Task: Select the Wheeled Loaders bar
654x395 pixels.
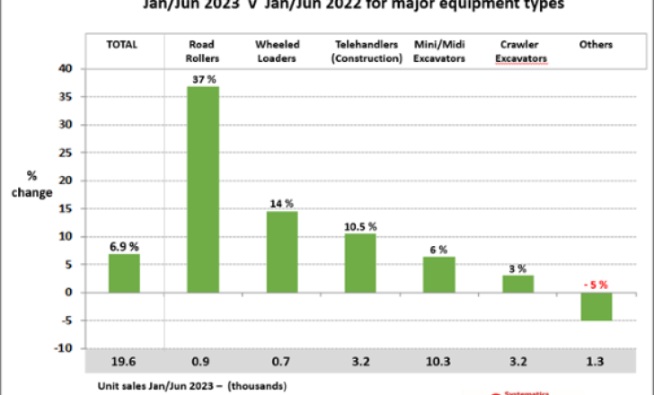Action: click(282, 251)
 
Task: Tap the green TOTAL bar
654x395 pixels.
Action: click(124, 273)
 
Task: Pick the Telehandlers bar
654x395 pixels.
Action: click(360, 262)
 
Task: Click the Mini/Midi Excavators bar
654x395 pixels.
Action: click(439, 274)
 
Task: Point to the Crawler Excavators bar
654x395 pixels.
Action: click(518, 283)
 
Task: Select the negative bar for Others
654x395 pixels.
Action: click(596, 306)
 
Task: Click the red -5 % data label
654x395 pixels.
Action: click(595, 285)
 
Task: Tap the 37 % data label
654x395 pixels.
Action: click(203, 79)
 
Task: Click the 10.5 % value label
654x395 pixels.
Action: click(360, 225)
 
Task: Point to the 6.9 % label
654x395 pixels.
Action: click(124, 246)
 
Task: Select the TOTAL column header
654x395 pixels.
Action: click(123, 45)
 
